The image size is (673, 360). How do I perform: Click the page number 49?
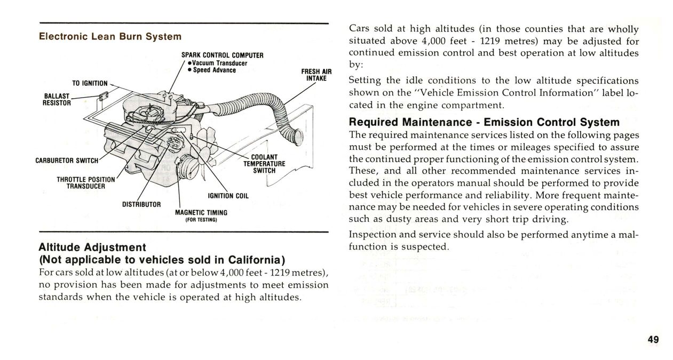click(653, 340)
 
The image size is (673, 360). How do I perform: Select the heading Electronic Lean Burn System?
click(110, 37)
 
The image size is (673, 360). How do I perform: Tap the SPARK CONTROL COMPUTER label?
click(223, 55)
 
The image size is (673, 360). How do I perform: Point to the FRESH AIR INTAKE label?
click(316, 75)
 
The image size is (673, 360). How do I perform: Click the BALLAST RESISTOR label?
click(57, 99)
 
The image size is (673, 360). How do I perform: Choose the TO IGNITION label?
click(90, 83)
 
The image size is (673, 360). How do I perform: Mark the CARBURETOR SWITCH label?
click(67, 161)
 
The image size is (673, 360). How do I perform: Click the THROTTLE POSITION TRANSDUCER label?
click(85, 182)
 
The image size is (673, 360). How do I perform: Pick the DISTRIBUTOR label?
click(138, 204)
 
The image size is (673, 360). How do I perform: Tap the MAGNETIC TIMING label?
click(201, 212)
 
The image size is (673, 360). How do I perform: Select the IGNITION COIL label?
click(228, 196)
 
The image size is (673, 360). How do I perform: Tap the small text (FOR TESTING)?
click(201, 219)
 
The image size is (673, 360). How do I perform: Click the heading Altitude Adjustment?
click(92, 247)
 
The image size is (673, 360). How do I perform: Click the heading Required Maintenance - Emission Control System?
click(484, 122)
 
